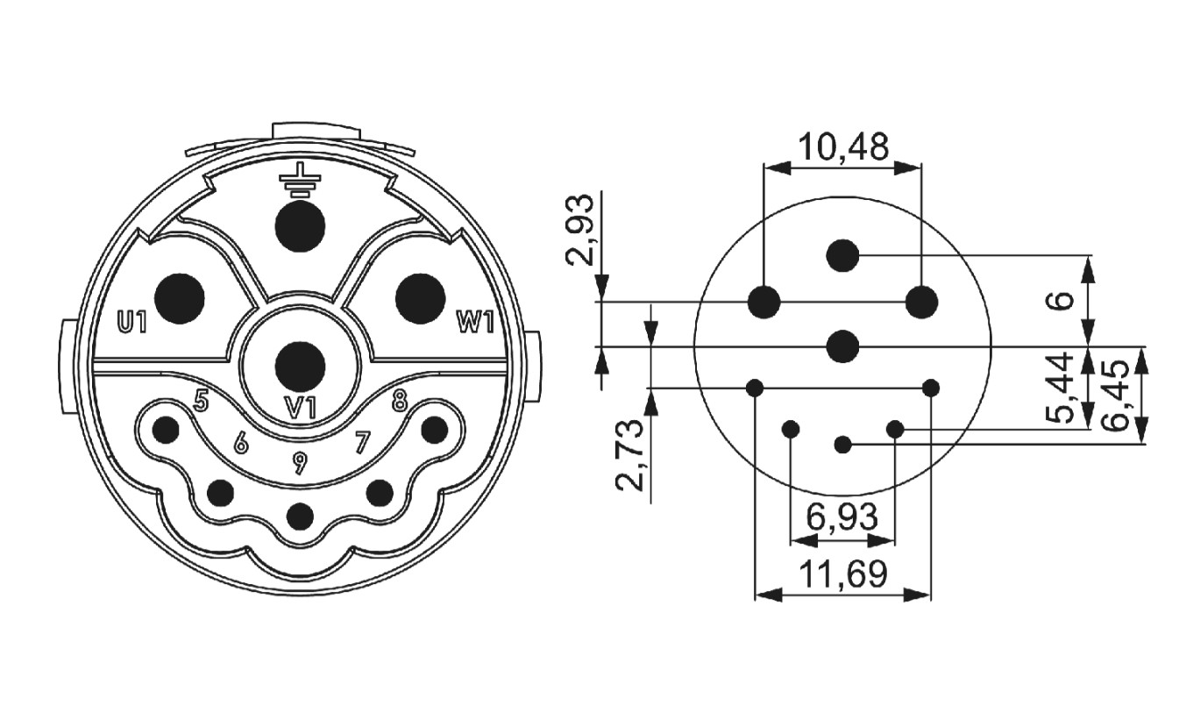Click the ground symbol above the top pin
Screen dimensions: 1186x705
(300, 182)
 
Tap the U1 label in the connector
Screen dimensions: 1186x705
(131, 323)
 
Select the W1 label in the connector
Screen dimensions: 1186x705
(475, 323)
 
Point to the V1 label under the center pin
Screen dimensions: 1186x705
(300, 408)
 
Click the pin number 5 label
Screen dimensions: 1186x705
(201, 401)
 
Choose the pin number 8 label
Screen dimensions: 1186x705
(399, 401)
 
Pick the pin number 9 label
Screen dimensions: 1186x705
(300, 464)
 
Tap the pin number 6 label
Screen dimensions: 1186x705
(241, 443)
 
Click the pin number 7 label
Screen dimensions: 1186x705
(362, 443)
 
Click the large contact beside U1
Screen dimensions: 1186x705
(179, 298)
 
